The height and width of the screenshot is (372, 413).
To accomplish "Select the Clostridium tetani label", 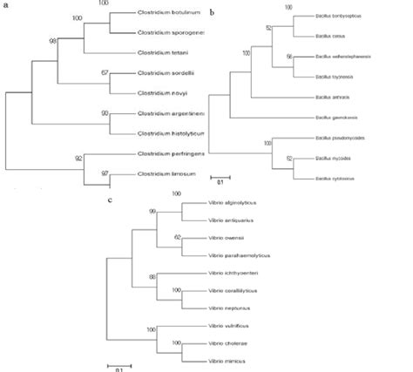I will (x=159, y=52).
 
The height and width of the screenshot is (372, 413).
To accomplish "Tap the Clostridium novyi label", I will (x=159, y=92).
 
